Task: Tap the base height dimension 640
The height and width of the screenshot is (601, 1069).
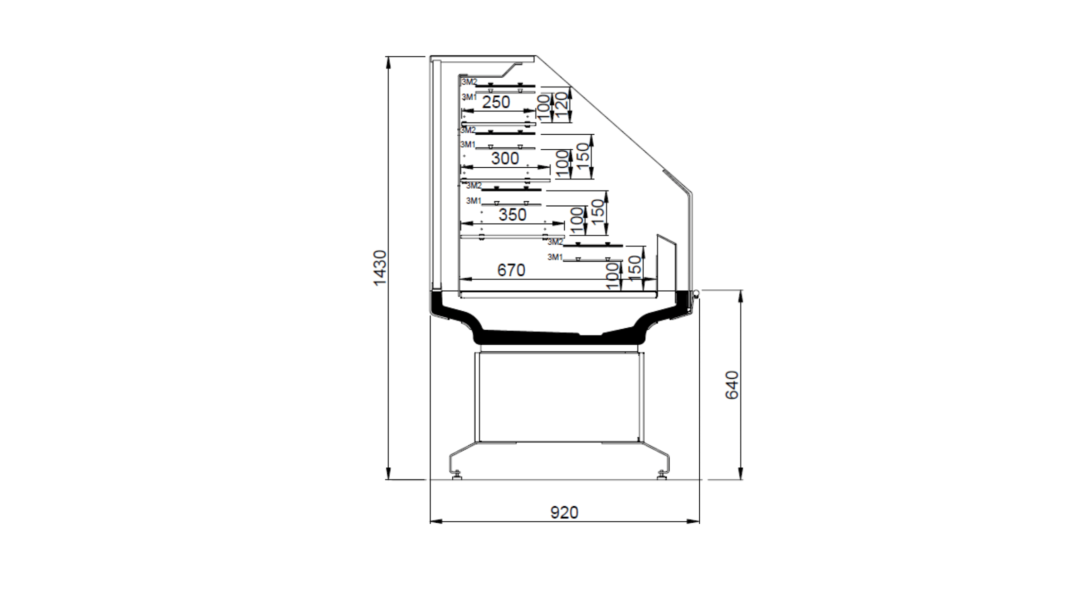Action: point(732,385)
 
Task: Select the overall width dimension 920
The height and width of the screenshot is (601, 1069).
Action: point(564,512)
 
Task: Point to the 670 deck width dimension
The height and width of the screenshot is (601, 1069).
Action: point(511,270)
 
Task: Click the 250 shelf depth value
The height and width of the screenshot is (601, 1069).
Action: point(496,102)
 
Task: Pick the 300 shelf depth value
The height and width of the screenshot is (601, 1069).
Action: point(505,158)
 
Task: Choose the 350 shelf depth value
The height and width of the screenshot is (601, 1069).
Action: point(512,214)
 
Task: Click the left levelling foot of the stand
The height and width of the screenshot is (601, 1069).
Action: point(457,475)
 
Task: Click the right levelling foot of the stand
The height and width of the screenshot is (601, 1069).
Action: point(662,475)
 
